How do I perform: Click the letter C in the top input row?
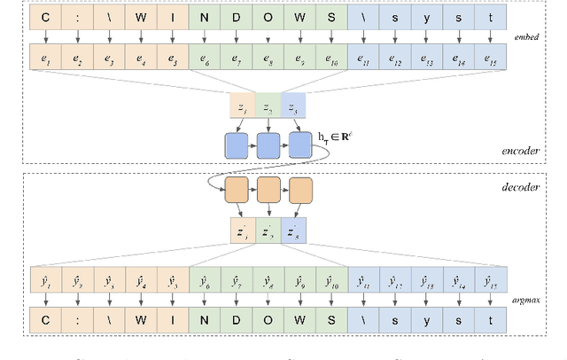pyautogui.click(x=43, y=16)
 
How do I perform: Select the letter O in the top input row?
pyautogui.click(x=267, y=16)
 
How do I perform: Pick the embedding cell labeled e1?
pyautogui.click(x=43, y=59)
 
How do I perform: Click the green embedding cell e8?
pyautogui.click(x=267, y=59)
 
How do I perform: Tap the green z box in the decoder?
pyautogui.click(x=268, y=231)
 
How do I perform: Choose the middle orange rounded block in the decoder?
pyautogui.click(x=268, y=191)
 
